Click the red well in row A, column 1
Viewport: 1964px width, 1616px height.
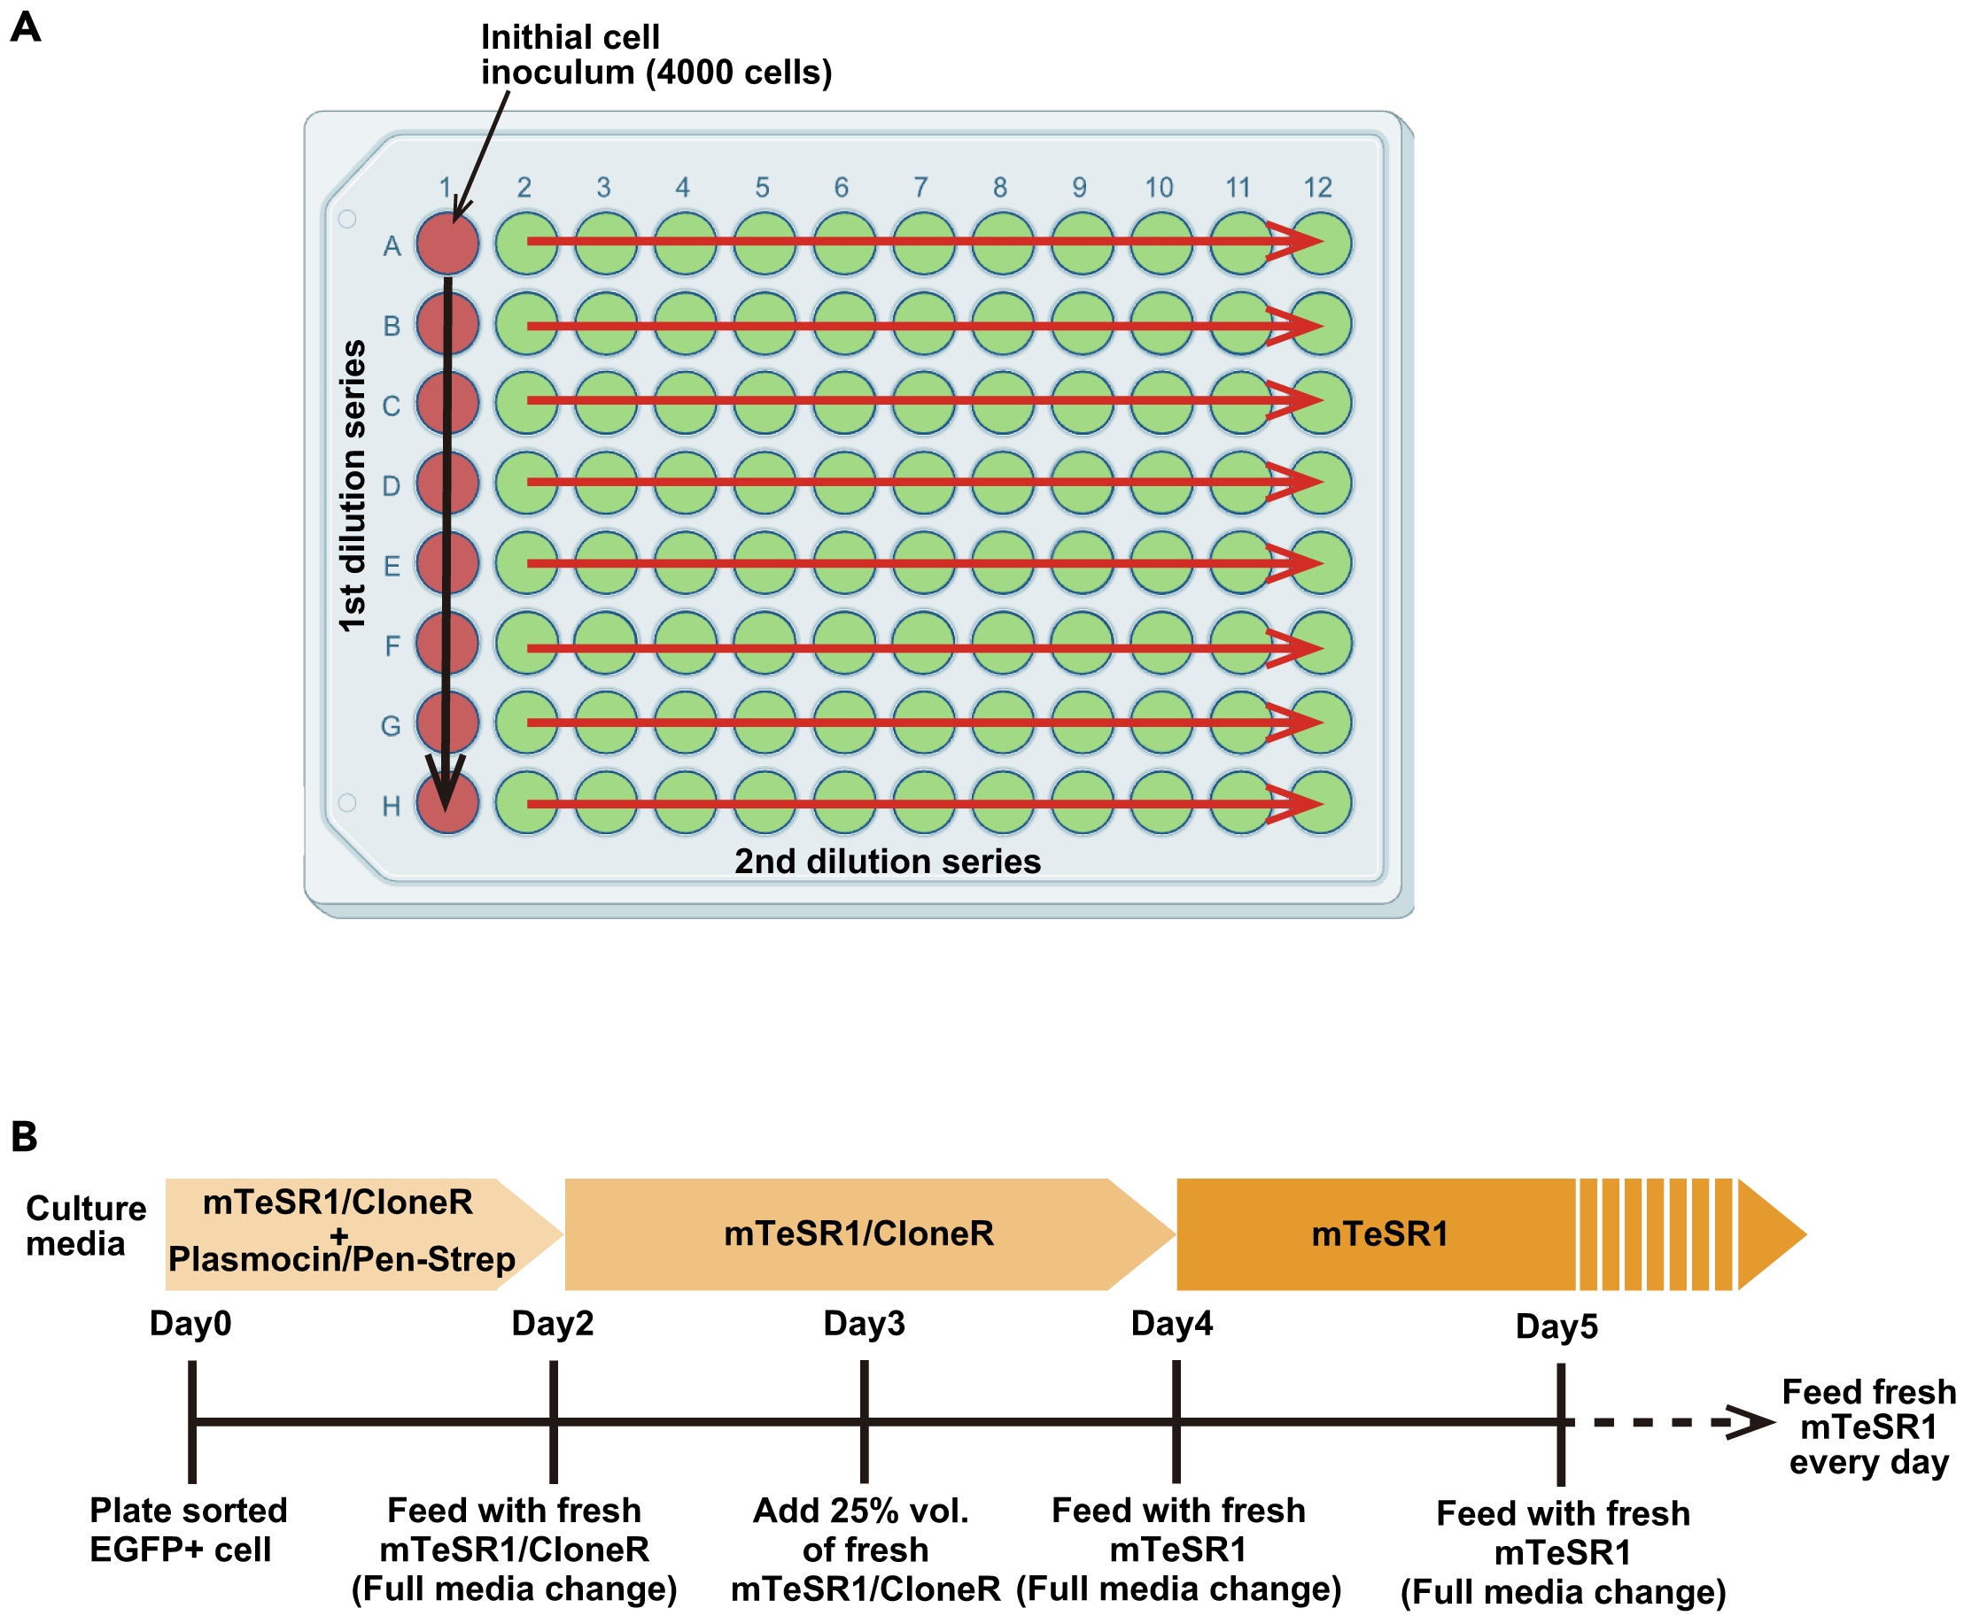(x=447, y=243)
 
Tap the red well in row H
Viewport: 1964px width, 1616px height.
(x=447, y=803)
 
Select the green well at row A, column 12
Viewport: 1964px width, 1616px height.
(x=1321, y=243)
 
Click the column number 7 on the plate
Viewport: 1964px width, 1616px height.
(x=920, y=187)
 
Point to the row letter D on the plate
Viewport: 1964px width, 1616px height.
(x=392, y=486)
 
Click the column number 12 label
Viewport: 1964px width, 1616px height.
(x=1316, y=187)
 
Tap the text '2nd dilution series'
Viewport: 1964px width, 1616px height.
(x=887, y=861)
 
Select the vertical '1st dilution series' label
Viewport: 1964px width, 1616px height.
(x=352, y=486)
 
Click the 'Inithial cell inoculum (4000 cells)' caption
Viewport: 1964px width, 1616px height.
(x=656, y=55)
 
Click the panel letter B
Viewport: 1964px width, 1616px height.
(x=24, y=1137)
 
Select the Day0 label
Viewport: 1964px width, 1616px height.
(x=190, y=1323)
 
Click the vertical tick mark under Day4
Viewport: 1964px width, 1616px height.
(x=1176, y=1420)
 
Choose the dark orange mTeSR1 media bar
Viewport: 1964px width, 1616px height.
(x=1378, y=1234)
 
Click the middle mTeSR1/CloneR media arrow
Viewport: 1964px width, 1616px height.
(x=858, y=1234)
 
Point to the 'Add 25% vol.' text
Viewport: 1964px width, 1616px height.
(x=860, y=1511)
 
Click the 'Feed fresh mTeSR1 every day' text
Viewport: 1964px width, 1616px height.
(x=1868, y=1427)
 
